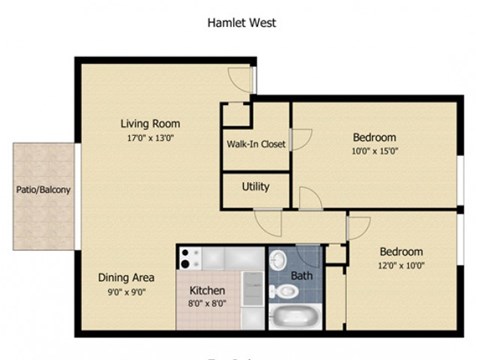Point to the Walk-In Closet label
[257, 144]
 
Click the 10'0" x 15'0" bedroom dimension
[375, 153]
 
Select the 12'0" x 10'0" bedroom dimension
[401, 266]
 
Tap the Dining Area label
[125, 277]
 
